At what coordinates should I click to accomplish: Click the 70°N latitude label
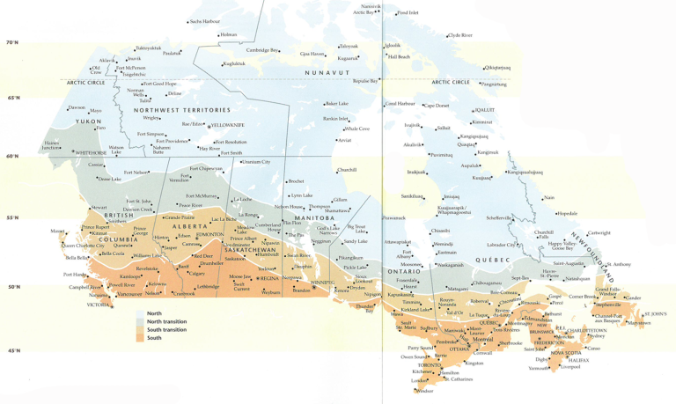pyautogui.click(x=12, y=42)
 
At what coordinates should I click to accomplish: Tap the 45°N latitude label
pyautogui.click(x=12, y=350)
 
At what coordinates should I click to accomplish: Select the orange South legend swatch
pyautogui.click(x=140, y=338)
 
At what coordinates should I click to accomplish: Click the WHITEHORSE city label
pyautogui.click(x=91, y=152)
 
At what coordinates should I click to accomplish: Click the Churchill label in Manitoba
pyautogui.click(x=347, y=170)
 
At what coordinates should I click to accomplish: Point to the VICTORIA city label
pyautogui.click(x=99, y=305)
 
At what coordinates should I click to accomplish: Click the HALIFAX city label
pyautogui.click(x=577, y=360)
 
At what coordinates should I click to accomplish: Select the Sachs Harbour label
pyautogui.click(x=204, y=21)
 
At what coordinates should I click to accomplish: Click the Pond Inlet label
pyautogui.click(x=408, y=13)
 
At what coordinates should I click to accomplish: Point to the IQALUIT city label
pyautogui.click(x=485, y=111)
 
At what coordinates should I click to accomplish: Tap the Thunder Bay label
pyautogui.click(x=364, y=309)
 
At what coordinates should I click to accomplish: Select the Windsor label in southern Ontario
pyautogui.click(x=424, y=390)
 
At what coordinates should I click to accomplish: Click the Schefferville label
pyautogui.click(x=499, y=217)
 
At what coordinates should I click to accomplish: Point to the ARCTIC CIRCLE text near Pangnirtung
pyautogui.click(x=451, y=83)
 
